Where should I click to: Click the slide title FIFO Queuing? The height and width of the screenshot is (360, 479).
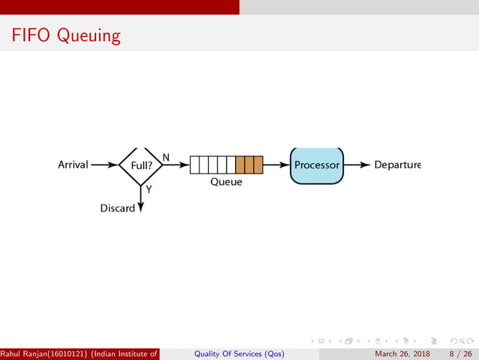point(65,35)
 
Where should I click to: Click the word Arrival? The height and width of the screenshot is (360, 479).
point(73,165)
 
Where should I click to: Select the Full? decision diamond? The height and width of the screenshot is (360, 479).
point(141,165)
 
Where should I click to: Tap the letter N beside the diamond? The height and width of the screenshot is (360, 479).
point(166,157)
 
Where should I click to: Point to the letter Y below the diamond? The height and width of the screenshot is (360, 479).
point(149,189)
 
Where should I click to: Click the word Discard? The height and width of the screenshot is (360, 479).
point(117,207)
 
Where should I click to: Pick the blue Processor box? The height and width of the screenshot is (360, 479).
point(316,165)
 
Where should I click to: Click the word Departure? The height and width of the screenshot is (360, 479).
point(397,165)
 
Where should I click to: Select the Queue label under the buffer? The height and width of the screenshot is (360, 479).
point(226,182)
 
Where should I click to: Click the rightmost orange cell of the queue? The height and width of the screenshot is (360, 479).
point(258,165)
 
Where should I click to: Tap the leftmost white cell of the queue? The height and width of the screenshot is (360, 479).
point(194,165)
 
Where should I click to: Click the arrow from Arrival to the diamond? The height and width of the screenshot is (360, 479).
point(104,165)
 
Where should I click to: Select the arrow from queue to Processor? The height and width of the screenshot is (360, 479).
point(276,165)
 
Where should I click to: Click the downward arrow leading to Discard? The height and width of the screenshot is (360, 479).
point(141,199)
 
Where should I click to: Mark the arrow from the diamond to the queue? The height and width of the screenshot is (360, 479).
point(176,165)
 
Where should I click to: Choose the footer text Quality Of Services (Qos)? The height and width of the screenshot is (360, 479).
point(239,354)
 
